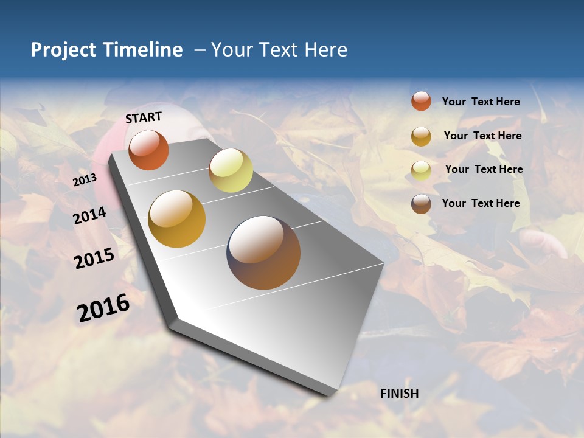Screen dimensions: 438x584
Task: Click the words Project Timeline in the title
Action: (x=106, y=50)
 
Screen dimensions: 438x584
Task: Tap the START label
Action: (x=144, y=117)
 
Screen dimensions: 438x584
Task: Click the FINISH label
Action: (x=400, y=394)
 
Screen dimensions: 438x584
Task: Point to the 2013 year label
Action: (x=85, y=180)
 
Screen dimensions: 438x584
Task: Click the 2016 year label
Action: (x=103, y=308)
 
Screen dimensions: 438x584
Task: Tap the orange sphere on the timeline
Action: (x=148, y=150)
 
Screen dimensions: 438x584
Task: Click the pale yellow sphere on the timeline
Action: (x=231, y=170)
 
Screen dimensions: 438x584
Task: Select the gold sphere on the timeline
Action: (x=177, y=219)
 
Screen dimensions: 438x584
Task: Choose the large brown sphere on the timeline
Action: (x=263, y=252)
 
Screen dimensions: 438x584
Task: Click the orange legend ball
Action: (x=421, y=101)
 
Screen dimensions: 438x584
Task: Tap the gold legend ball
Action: (x=421, y=136)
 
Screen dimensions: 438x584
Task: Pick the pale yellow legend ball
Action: (x=421, y=170)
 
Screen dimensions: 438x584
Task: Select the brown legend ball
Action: (x=421, y=204)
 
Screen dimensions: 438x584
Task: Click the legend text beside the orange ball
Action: (x=481, y=102)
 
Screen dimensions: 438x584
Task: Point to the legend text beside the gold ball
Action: (x=482, y=136)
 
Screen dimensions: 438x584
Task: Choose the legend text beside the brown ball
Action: (x=481, y=203)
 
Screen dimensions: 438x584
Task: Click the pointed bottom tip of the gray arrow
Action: (x=328, y=394)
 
